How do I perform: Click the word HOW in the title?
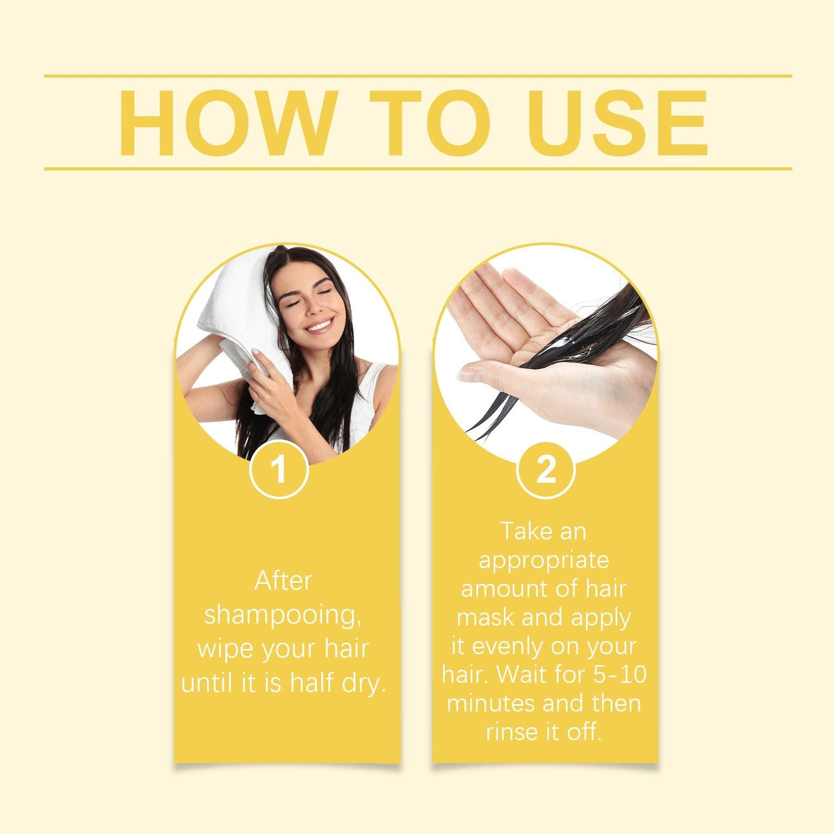pyautogui.click(x=228, y=122)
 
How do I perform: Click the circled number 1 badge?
pyautogui.click(x=279, y=471)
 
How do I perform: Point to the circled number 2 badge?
pyautogui.click(x=546, y=471)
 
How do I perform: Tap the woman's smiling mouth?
pyautogui.click(x=320, y=325)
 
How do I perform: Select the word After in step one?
pyautogui.click(x=284, y=580)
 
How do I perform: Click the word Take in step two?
pyautogui.click(x=523, y=531)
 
